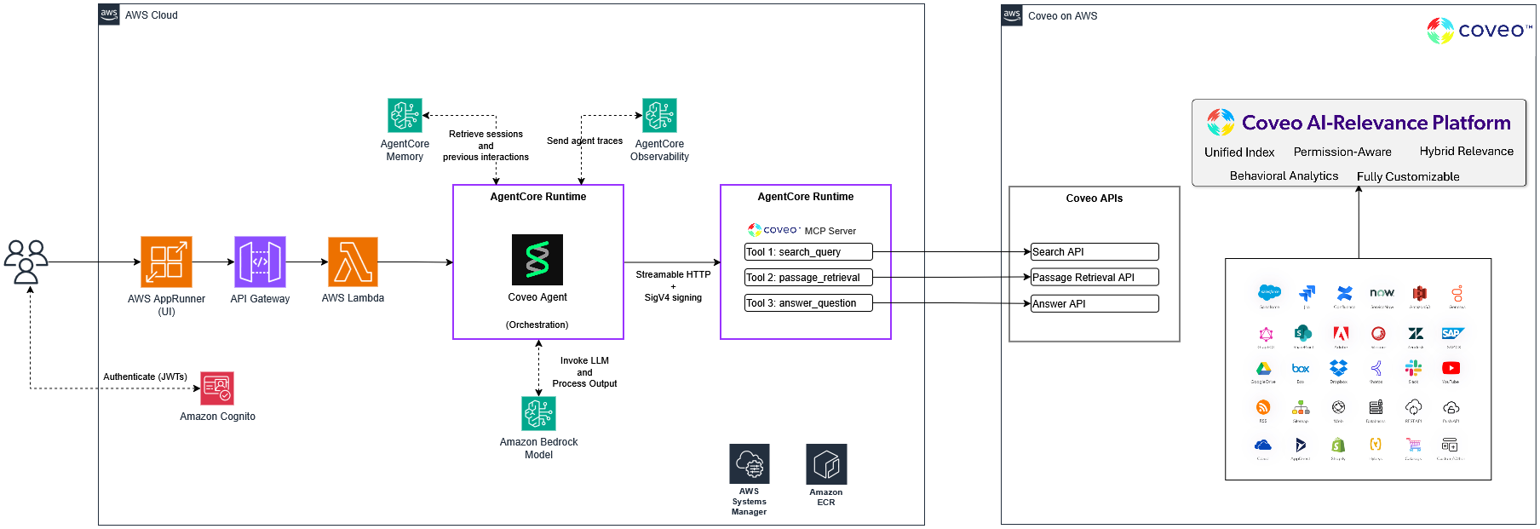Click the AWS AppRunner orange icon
click(x=166, y=262)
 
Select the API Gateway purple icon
click(x=260, y=262)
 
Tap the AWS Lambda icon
click(x=353, y=262)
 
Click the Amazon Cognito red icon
click(x=217, y=388)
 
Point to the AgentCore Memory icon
click(x=405, y=115)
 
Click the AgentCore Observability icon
click(x=659, y=115)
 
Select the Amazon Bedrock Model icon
click(x=538, y=413)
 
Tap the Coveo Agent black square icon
click(x=537, y=259)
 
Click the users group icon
click(x=26, y=261)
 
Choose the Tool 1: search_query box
click(x=808, y=252)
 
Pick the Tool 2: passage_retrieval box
click(x=808, y=278)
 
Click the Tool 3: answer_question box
click(x=808, y=303)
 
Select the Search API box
click(x=1095, y=252)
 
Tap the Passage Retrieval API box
click(x=1095, y=278)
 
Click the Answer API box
click(x=1095, y=304)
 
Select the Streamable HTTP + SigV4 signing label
click(x=673, y=286)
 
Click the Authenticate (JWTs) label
click(x=145, y=377)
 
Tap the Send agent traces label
click(x=584, y=141)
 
